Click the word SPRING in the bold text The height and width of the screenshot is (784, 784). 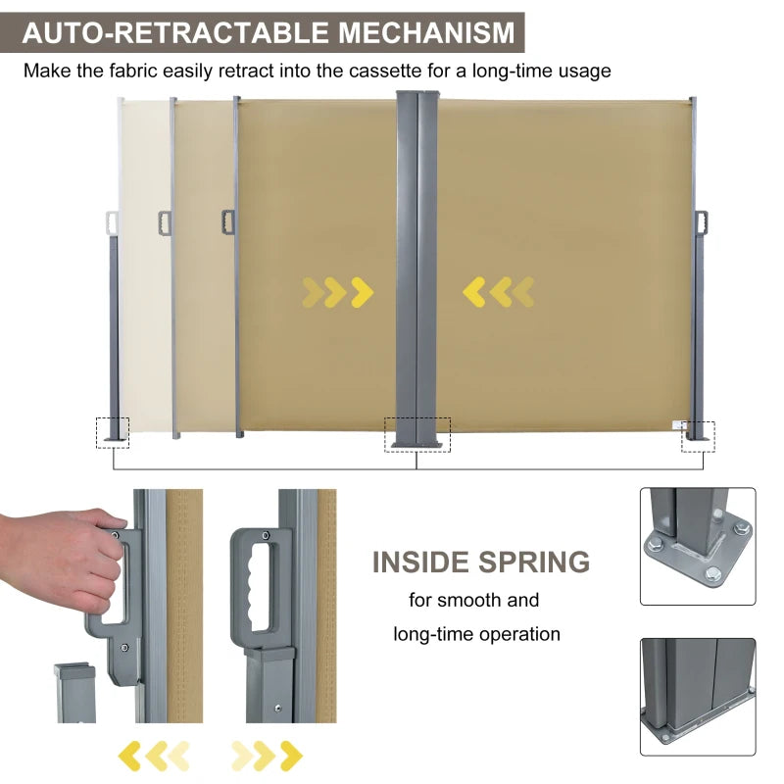click(x=534, y=562)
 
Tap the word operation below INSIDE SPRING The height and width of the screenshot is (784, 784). click(x=519, y=634)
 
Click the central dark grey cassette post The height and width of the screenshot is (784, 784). click(x=417, y=265)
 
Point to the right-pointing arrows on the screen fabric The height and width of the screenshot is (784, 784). click(x=337, y=291)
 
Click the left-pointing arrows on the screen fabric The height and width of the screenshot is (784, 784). click(x=498, y=291)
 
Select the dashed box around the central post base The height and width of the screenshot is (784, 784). click(x=417, y=434)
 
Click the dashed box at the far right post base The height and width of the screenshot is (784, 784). click(x=698, y=436)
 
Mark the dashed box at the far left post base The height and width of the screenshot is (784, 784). click(x=112, y=431)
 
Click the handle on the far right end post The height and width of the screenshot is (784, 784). click(x=700, y=223)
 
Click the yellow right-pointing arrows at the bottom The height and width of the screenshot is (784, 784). click(x=266, y=755)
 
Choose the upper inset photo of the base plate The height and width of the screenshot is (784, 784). click(x=698, y=546)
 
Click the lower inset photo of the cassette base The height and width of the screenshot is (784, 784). click(x=698, y=697)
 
